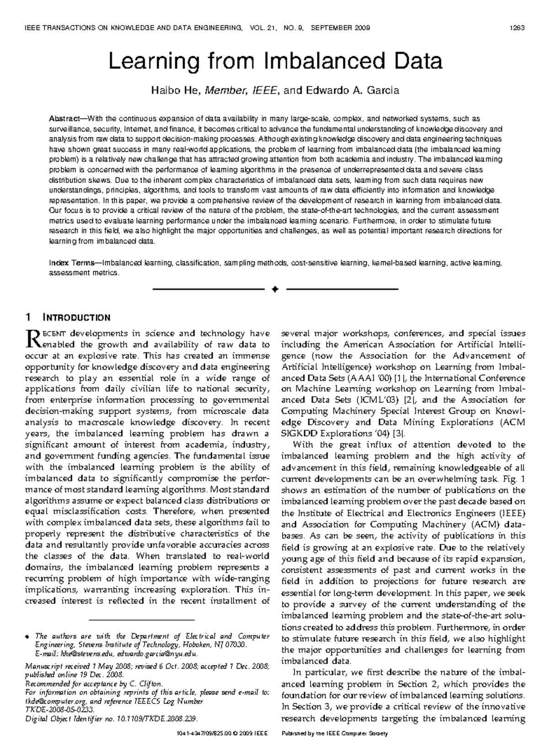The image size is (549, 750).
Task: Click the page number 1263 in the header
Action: (517, 28)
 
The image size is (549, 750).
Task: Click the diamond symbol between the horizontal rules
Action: (275, 289)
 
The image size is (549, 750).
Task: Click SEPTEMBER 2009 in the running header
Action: (340, 28)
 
